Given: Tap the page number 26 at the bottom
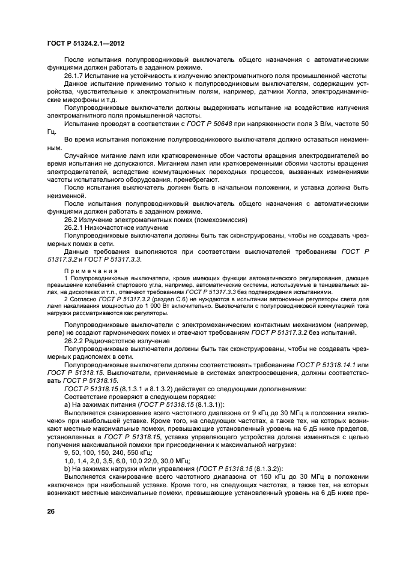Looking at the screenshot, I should (50, 511).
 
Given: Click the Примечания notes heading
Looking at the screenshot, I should (82, 271).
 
